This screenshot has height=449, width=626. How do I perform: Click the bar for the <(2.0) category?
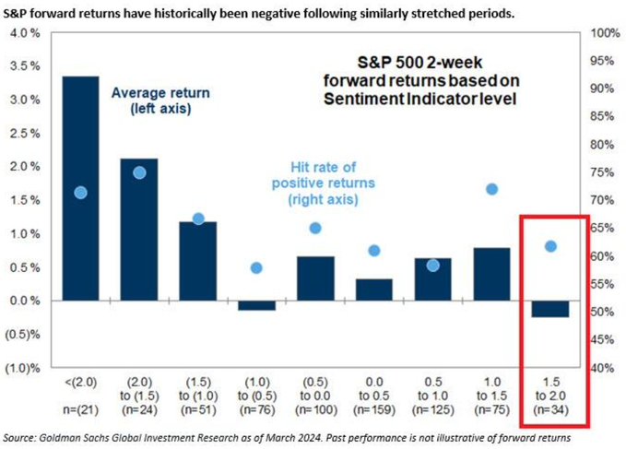(80, 188)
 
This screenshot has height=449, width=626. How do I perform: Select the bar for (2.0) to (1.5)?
(138, 230)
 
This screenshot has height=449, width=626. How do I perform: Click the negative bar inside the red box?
(550, 309)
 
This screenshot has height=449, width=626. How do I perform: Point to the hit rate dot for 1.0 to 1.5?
(492, 189)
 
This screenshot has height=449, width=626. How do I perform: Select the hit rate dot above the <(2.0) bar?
(80, 193)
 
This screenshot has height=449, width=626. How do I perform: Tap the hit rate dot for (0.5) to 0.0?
(314, 229)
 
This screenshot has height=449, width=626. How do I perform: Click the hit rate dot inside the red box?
(550, 246)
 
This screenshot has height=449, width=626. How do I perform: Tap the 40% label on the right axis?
(600, 368)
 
